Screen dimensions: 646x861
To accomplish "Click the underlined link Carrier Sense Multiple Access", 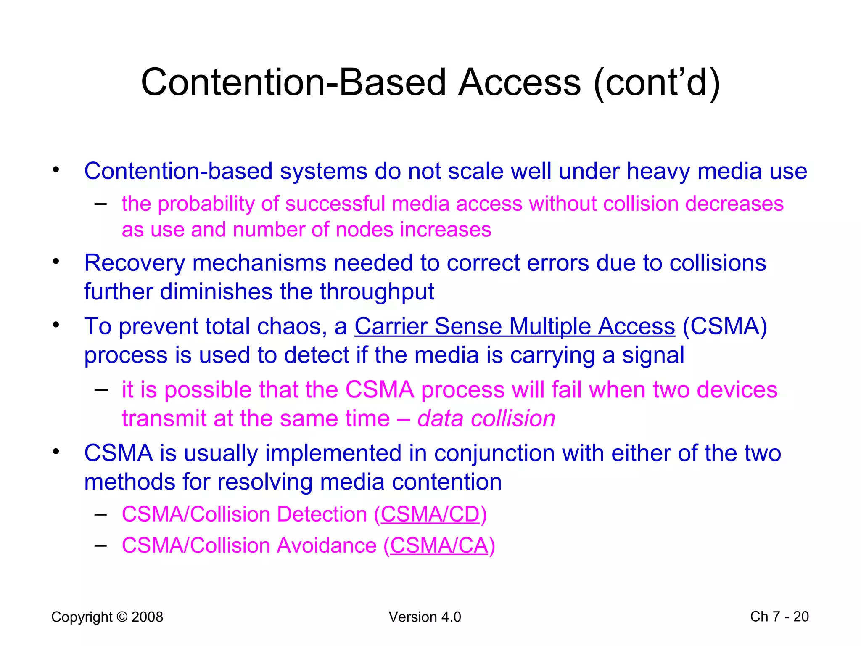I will point(515,326).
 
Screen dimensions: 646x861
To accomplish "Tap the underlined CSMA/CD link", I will point(430,514).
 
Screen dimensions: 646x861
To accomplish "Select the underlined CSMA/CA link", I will point(439,545).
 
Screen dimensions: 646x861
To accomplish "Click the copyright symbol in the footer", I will point(122,617).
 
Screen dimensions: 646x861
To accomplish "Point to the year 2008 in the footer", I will point(147,617).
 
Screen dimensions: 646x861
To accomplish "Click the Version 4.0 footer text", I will point(425,617).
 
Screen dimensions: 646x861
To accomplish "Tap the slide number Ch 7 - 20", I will point(779,617).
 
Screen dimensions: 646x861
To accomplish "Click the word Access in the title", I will point(519,82).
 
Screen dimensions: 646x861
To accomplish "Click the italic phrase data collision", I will point(486,419).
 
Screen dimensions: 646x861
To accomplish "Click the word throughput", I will point(377,292).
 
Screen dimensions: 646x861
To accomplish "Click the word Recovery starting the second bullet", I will point(134,263).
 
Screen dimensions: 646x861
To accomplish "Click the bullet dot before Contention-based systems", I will point(56,170).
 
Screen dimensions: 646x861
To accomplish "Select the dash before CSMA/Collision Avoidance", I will point(100,545).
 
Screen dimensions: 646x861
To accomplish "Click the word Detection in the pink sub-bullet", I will point(322,514).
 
